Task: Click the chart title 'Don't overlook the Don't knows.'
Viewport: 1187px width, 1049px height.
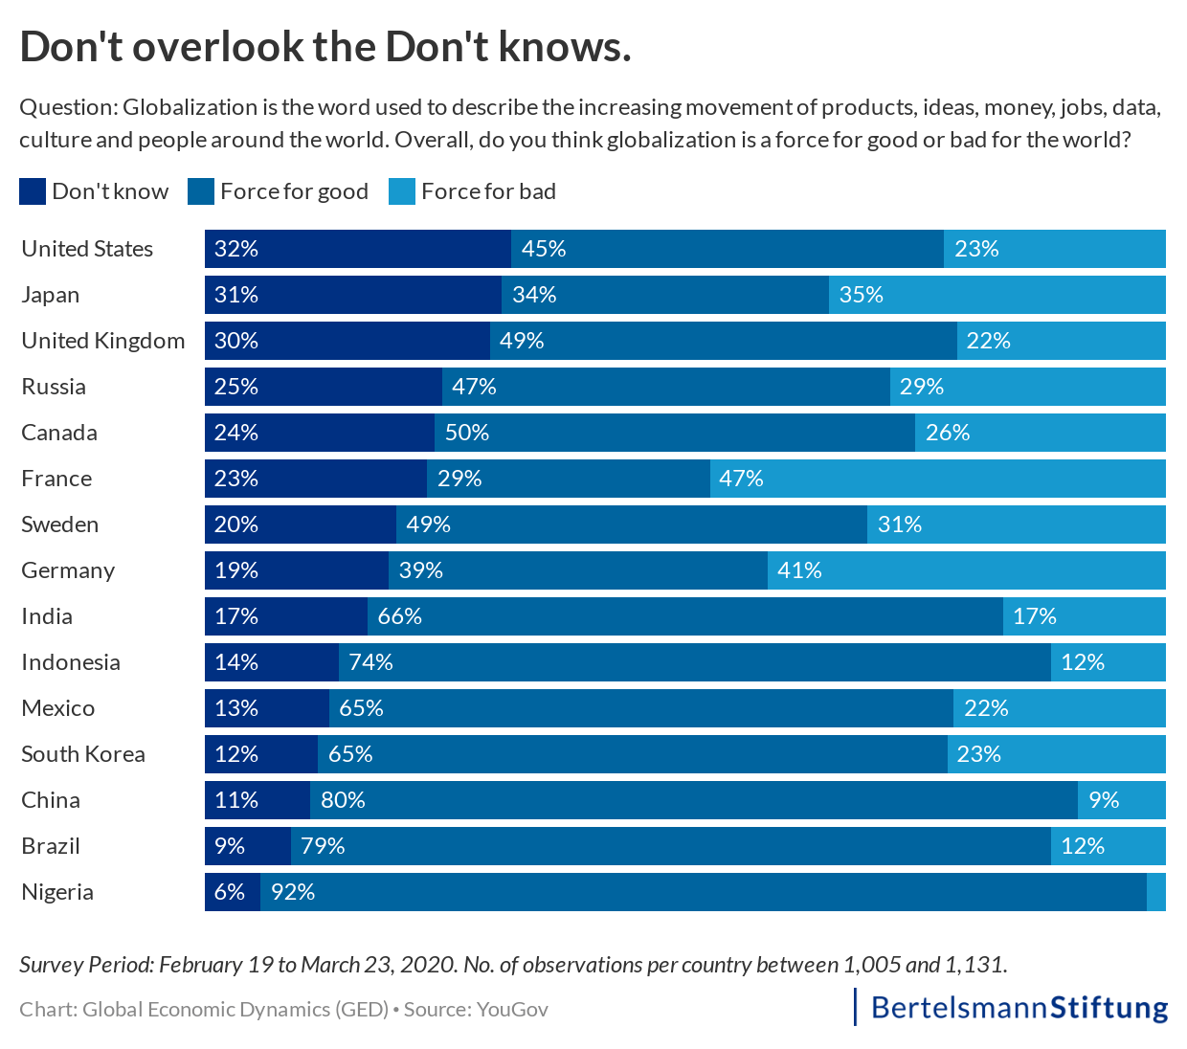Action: coord(325,47)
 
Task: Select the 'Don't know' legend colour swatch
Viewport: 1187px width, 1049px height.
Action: coord(32,191)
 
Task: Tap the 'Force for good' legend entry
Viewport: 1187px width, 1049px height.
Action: coord(279,191)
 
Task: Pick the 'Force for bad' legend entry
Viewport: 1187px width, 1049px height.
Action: coord(473,191)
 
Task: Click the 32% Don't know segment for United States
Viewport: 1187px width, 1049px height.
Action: coord(357,249)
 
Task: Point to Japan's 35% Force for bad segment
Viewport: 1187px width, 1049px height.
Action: coord(997,295)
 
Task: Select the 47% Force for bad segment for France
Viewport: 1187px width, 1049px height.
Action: coord(937,479)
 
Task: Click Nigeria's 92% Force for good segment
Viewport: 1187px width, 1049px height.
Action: coord(703,892)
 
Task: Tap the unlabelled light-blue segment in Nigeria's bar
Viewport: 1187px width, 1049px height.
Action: coord(1156,892)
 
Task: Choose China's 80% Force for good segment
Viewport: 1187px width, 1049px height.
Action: coord(693,800)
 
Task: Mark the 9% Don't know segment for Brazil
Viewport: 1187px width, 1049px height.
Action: coord(247,846)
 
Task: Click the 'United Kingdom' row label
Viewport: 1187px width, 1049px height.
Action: coord(103,341)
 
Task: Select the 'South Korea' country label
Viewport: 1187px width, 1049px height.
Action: coord(83,754)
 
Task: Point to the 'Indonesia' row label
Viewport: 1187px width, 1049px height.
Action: coord(71,662)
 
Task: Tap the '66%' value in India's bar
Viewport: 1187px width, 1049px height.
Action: coord(399,616)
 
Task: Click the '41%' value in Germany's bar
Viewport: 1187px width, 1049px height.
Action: coord(799,570)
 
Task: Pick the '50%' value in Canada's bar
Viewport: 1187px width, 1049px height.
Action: coord(466,433)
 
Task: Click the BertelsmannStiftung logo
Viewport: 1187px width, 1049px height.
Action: coord(1019,1007)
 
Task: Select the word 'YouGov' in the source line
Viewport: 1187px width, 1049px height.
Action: coord(512,1009)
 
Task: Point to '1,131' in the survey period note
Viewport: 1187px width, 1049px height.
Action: coord(975,964)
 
